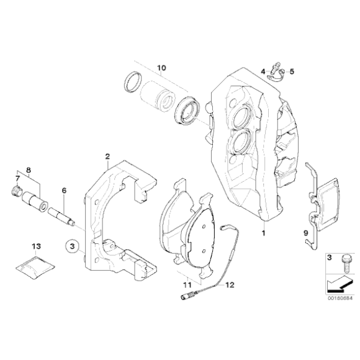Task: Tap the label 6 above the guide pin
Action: tap(63, 191)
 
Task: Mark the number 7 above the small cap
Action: tap(16, 179)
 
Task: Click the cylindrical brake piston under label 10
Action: tap(156, 97)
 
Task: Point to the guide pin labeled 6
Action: tap(63, 214)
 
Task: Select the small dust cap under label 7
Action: tap(17, 190)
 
